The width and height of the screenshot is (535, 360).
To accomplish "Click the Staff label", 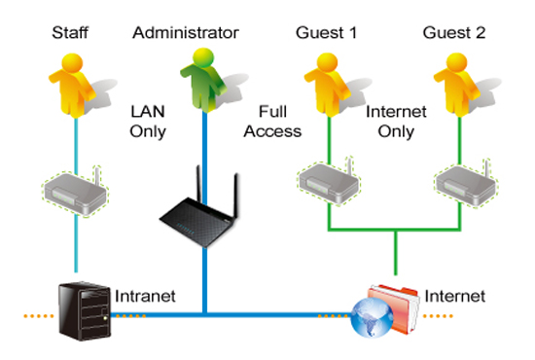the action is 70,33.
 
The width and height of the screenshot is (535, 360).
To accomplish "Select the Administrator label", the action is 186,33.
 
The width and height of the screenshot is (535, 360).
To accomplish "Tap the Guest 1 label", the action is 326,33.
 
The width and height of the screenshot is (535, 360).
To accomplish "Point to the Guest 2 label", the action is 454,33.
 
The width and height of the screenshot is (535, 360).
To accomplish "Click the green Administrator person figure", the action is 203,80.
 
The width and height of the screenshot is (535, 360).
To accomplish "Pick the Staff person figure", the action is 72,86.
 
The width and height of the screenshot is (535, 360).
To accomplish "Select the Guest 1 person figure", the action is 327,85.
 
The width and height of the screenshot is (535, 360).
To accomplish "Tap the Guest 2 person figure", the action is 456,85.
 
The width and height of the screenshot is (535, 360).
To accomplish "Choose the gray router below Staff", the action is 75,192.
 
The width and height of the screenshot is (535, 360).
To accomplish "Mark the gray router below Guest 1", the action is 329,182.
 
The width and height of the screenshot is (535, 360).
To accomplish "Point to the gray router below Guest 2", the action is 466,184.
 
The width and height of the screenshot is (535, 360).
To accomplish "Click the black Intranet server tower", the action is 85,311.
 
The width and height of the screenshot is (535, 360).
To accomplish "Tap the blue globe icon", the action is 372,317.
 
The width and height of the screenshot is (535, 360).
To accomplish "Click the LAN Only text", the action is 148,122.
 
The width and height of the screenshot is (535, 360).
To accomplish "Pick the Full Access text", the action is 272,122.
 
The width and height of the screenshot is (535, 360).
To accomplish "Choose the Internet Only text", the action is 396,122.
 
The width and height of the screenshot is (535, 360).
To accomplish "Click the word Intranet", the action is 145,296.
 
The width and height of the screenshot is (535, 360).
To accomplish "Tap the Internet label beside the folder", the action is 455,296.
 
